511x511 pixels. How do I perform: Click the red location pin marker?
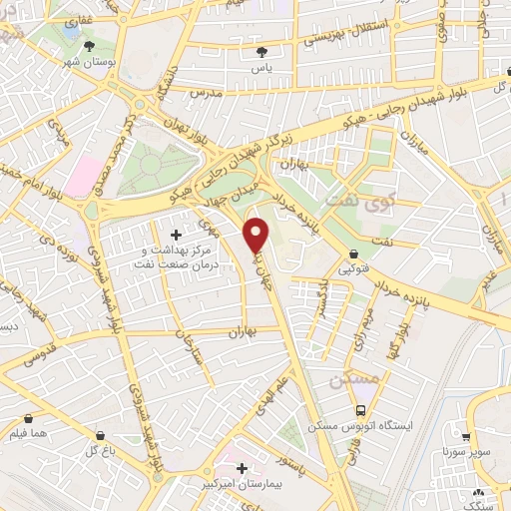[x=256, y=235]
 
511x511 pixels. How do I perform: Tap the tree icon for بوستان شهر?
[x=92, y=46]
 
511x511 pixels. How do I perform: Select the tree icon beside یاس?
[x=262, y=52]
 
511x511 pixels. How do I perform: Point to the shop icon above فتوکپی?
[x=356, y=254]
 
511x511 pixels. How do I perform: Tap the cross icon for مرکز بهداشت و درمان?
[x=177, y=234]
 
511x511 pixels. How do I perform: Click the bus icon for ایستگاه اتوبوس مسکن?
[x=360, y=411]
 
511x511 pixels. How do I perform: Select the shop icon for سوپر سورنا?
[x=466, y=436]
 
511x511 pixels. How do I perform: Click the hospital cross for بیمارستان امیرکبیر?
[x=240, y=467]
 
